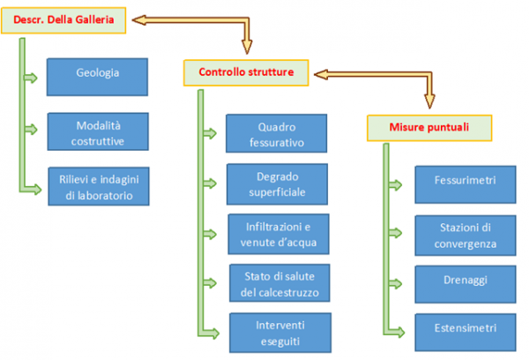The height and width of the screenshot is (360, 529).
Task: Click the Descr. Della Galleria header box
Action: click(63, 19)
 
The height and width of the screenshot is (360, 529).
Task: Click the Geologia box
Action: click(97, 74)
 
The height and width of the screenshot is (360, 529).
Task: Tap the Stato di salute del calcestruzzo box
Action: click(277, 283)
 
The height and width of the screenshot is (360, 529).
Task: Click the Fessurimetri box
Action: click(466, 183)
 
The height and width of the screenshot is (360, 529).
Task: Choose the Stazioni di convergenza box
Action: click(466, 236)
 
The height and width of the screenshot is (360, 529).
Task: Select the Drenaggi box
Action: click(466, 282)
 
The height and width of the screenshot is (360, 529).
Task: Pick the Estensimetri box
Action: click(466, 331)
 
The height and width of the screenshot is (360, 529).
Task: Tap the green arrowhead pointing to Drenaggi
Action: click(403, 284)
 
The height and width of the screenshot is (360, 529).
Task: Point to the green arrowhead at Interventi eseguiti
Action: click(215, 334)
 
